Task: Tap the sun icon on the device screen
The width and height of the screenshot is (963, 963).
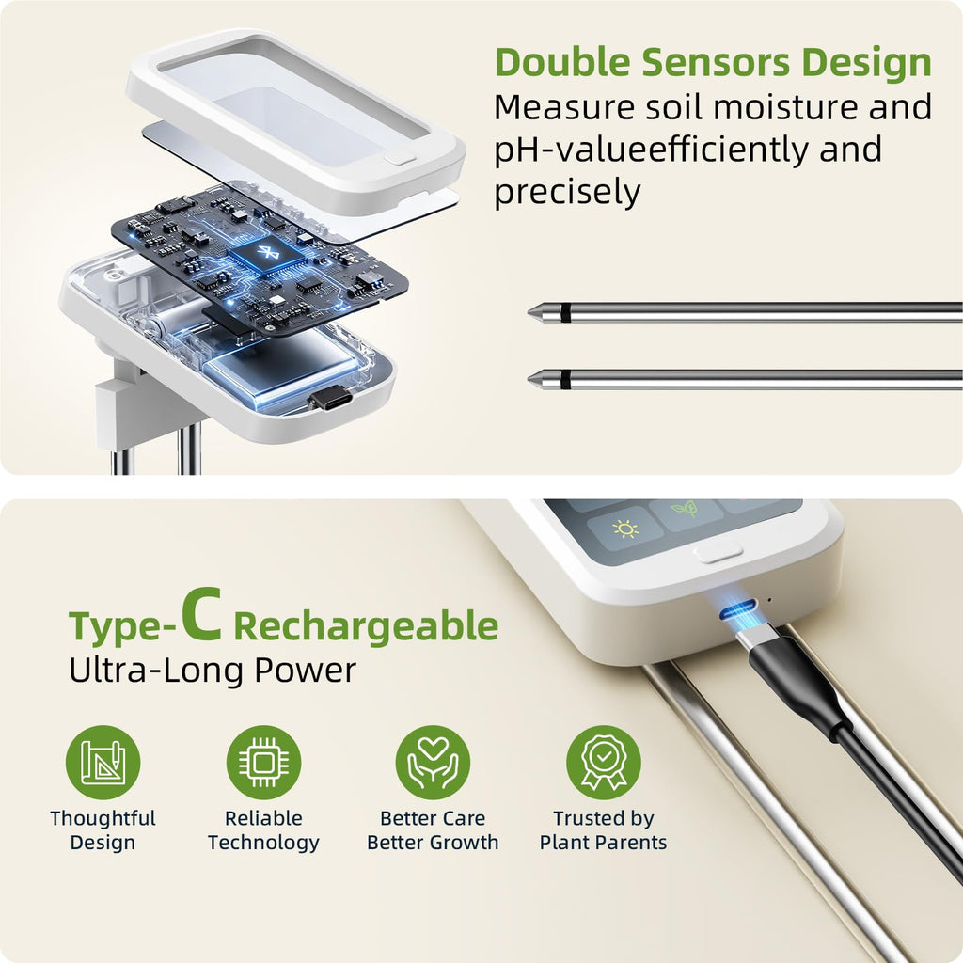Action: (625, 529)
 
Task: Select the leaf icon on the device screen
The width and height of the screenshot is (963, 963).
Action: (685, 509)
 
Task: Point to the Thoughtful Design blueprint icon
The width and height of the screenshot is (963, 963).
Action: (103, 763)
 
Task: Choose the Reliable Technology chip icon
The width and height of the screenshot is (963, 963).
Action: (263, 763)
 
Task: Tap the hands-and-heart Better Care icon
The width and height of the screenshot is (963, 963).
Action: (433, 763)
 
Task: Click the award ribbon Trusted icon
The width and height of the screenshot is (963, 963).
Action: (603, 763)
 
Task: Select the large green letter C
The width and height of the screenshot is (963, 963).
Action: (201, 615)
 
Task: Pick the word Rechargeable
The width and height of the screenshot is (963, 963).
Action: (366, 627)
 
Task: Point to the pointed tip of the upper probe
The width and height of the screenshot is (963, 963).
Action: (529, 312)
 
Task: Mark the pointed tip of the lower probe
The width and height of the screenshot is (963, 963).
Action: (529, 380)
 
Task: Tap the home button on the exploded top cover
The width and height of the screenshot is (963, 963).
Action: (400, 158)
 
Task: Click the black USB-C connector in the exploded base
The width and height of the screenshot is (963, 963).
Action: (330, 400)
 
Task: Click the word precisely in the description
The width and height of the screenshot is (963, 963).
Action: (567, 192)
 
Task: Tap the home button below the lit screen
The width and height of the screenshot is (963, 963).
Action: (718, 553)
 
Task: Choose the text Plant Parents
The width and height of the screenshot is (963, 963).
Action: (603, 842)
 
